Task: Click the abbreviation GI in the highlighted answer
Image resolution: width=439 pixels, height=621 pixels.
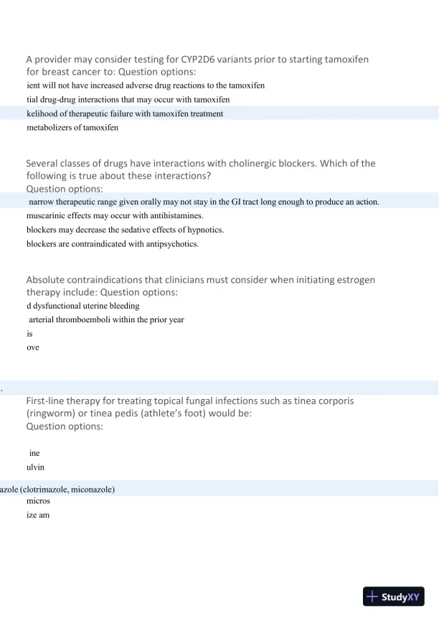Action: pos(237,202)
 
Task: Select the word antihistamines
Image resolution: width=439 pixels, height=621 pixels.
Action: pos(178,215)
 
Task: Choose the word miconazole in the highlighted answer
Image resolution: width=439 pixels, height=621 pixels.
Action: pos(90,490)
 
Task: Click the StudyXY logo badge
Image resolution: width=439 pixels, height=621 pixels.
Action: pos(393,597)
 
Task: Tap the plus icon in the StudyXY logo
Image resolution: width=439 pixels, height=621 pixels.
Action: pos(372,597)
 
